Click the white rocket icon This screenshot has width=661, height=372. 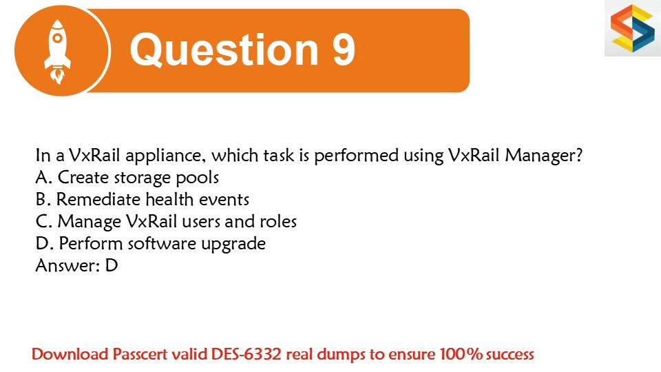pos(58,52)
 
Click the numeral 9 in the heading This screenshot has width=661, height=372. pos(344,50)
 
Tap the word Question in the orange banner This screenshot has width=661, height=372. pos(224,50)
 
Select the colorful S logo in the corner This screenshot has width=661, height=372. pos(633,28)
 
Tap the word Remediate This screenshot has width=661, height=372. pos(98,200)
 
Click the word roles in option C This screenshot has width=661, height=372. pos(278,221)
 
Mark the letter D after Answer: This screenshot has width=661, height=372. pos(112,265)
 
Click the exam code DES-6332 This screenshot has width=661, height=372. pos(246,354)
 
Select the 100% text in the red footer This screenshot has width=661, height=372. pos(461,354)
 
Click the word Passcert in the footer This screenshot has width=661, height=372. pos(140,354)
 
